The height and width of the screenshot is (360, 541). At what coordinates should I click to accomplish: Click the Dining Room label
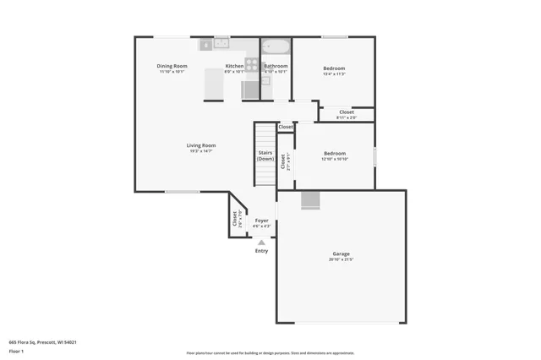point(172,66)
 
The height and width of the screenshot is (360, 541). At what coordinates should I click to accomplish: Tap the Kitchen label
point(234,66)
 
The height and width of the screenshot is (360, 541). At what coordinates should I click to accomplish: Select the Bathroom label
point(276,66)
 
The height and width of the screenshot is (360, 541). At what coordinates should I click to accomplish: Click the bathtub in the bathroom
point(276,47)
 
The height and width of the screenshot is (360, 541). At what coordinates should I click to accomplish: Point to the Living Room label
point(201,145)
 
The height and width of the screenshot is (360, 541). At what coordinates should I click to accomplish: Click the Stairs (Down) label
point(265,156)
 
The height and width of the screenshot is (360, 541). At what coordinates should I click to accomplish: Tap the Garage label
point(341,254)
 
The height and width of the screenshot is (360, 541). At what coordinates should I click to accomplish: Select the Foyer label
point(262,221)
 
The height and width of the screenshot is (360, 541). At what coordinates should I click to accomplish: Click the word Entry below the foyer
point(261,251)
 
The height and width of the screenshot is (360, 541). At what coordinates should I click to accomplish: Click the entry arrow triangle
point(261,243)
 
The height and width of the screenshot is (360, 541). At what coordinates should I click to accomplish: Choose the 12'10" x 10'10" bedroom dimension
point(335,159)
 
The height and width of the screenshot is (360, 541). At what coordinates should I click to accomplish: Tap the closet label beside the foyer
point(236,218)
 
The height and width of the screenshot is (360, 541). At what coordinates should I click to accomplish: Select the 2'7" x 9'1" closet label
point(285,161)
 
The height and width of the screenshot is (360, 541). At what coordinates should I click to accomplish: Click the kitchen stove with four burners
point(251,63)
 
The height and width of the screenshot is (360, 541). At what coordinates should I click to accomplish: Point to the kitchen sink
point(221,43)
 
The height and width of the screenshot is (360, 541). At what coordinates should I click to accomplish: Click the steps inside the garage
point(312,199)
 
